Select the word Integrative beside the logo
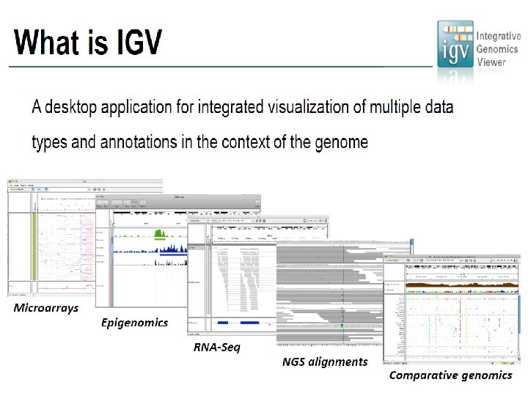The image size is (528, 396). pos(499,36)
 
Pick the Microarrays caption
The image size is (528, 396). pos(45,308)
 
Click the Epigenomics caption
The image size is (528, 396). pos(134,322)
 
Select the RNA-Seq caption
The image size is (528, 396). pos(216,346)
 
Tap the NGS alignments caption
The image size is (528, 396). pos(325,361)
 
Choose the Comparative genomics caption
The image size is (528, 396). pos(450,375)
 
